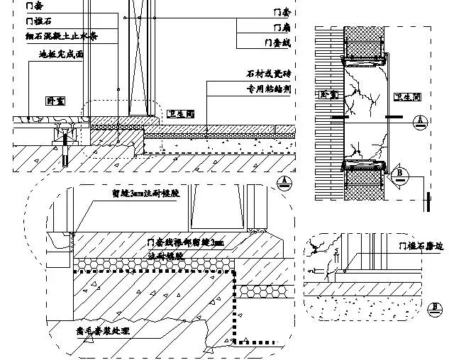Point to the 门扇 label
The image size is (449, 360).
click(x=282, y=27)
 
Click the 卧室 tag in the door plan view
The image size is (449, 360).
click(x=328, y=94)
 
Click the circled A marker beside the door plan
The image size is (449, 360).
click(x=421, y=121)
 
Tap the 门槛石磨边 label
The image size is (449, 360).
click(x=421, y=246)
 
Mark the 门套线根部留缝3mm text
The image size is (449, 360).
click(x=184, y=243)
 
